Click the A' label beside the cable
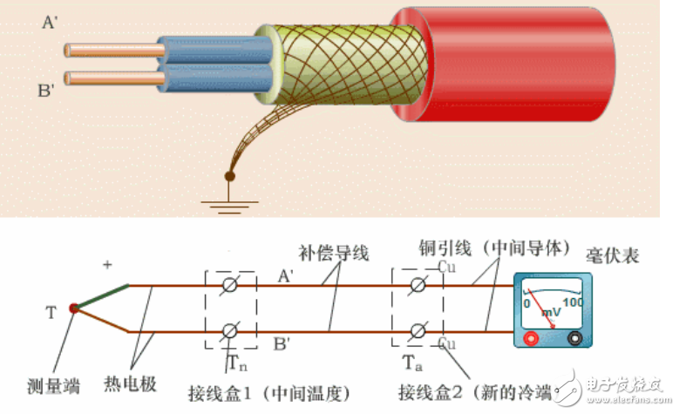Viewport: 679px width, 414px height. point(51,23)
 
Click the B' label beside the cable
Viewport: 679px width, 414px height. point(47,88)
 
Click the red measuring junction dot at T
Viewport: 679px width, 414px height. point(73,308)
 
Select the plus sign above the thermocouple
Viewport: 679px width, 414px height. point(107,264)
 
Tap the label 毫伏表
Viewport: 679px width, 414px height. point(615,256)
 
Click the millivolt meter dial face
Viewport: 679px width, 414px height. point(552,306)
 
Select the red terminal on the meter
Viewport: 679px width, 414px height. point(530,340)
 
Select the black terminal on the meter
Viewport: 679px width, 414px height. point(574,340)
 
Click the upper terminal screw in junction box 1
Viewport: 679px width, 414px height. point(231,284)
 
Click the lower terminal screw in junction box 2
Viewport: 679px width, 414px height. point(418,331)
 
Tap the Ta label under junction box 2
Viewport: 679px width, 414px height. point(411,360)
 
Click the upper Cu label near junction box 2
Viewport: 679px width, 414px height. point(446,267)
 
